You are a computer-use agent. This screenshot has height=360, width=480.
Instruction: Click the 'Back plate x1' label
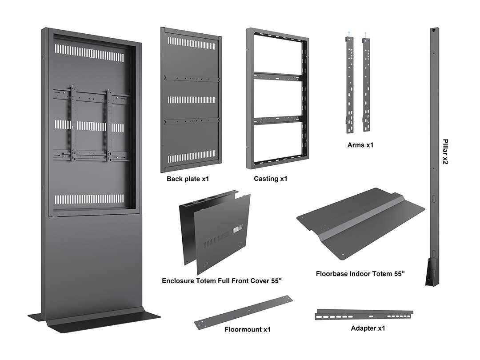188,179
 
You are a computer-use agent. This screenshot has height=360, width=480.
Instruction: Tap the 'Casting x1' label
270,179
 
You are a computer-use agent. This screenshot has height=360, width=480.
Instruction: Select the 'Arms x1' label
360,145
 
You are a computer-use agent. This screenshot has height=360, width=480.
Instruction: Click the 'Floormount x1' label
248,329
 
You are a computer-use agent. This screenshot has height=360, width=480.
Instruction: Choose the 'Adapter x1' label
368,328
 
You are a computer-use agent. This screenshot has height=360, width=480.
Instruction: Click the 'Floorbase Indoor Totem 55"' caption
360,274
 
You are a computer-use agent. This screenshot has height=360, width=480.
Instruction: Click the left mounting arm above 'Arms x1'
349,84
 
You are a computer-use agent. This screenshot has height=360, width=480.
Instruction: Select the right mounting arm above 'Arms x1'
366,84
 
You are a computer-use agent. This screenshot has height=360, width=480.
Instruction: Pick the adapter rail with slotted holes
364,315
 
